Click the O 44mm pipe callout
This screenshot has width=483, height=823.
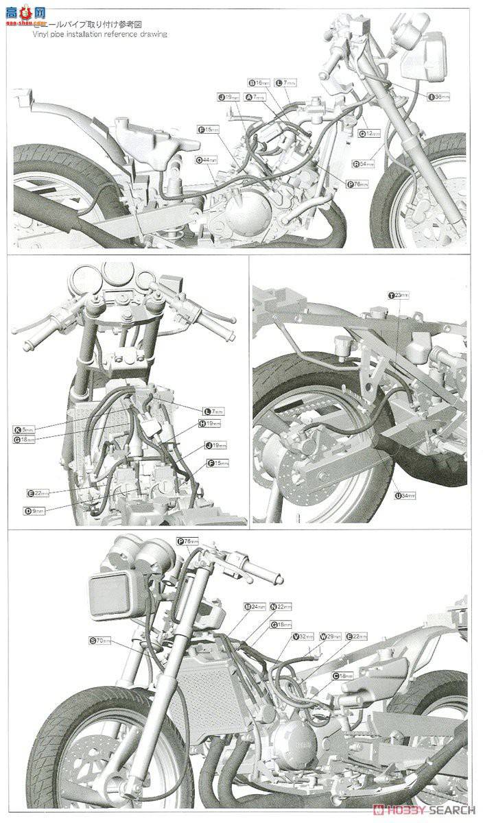[206, 160]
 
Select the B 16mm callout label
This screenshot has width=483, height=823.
[258, 82]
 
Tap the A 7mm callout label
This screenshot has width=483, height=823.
[255, 98]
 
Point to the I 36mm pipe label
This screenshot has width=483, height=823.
[439, 97]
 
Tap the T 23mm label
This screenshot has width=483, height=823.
[398, 296]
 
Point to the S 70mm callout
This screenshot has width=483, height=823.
[99, 641]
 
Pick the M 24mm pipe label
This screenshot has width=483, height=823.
[255, 607]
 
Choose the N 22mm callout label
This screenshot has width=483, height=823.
[281, 607]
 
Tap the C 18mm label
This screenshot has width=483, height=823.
[342, 676]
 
